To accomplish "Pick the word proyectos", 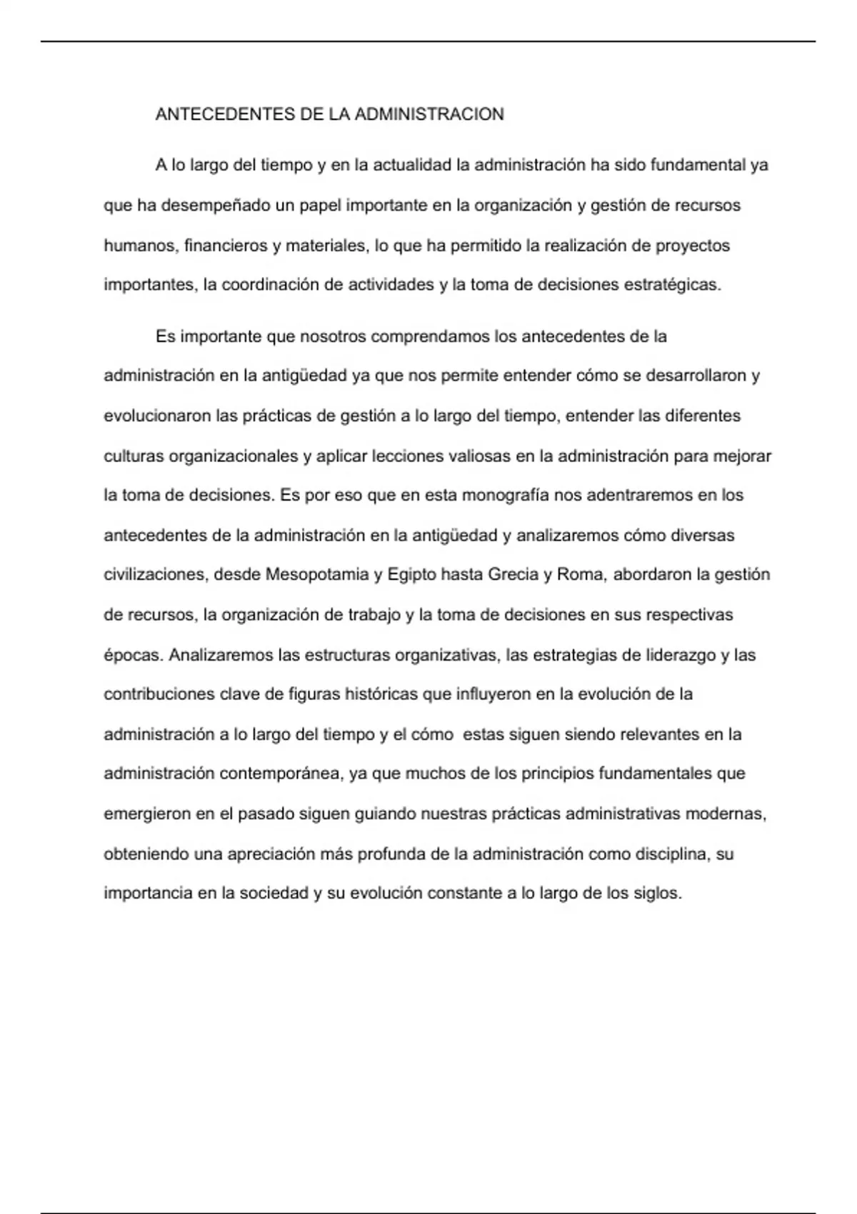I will pyautogui.click(x=693, y=246).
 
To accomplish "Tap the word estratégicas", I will pyautogui.click(x=672, y=285).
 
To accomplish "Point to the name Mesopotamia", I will pyautogui.click(x=316, y=575).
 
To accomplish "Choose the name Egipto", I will pyautogui.click(x=411, y=575).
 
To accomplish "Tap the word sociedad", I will pyautogui.click(x=271, y=893).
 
